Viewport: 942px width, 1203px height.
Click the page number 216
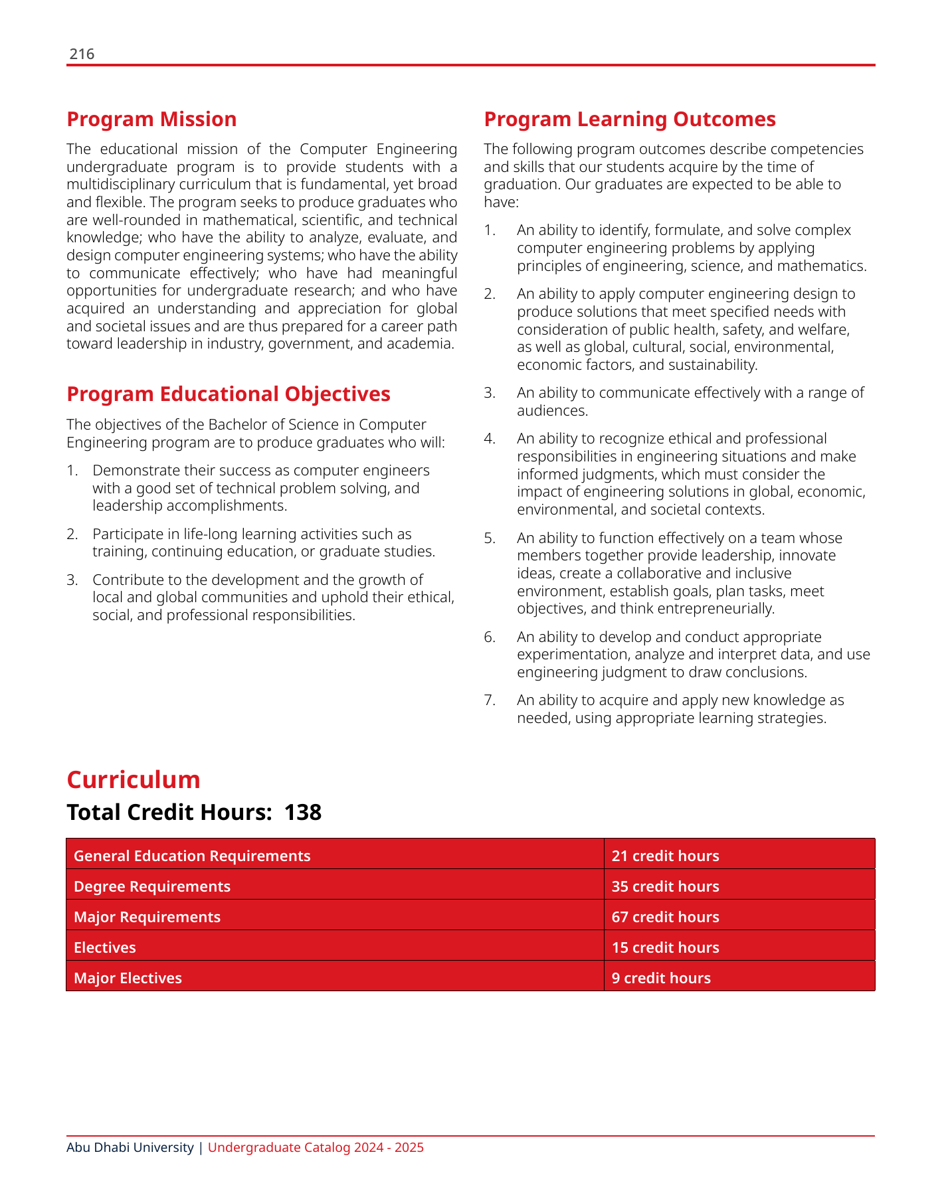tap(82, 54)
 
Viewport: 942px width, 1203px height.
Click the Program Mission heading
tap(151, 120)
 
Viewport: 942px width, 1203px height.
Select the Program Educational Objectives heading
tap(229, 394)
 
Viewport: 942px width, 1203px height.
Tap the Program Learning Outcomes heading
tap(629, 120)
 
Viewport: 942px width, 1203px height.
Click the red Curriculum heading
tap(134, 780)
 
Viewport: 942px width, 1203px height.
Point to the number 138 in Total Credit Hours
tap(303, 813)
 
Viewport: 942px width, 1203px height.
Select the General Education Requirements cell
tap(192, 856)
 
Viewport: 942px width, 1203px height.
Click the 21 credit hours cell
tap(665, 856)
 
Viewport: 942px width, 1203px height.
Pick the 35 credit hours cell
tap(665, 887)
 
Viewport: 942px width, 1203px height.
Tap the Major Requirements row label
tap(147, 918)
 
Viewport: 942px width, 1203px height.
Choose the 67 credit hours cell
tap(665, 918)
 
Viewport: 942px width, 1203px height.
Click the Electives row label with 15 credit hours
tap(105, 948)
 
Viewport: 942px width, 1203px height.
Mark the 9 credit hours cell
tap(661, 979)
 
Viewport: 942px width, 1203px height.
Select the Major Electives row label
tap(128, 979)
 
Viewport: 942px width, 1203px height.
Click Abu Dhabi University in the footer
tap(130, 1148)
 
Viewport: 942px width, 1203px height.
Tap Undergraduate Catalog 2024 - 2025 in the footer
tap(316, 1148)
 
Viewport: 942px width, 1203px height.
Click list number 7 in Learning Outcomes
tap(490, 700)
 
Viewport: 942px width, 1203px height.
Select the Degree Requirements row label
tap(152, 887)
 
